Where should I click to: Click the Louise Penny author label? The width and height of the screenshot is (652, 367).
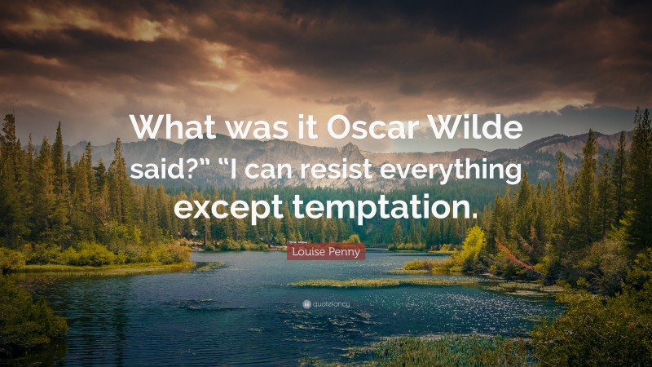(x=326, y=253)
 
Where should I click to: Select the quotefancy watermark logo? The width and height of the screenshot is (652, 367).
(x=326, y=303)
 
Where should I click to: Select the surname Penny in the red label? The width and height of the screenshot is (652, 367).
(x=345, y=253)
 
